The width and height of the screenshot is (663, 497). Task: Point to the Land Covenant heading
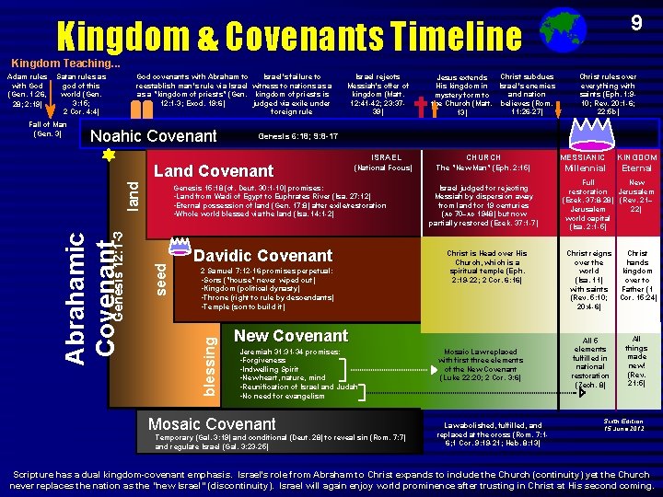pyautogui.click(x=214, y=170)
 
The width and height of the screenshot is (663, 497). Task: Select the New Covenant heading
pyautogui.click(x=291, y=336)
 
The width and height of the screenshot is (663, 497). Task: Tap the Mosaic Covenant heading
pyautogui.click(x=212, y=423)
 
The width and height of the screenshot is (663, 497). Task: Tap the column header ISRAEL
pyautogui.click(x=382, y=157)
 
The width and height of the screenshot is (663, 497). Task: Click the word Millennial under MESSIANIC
pyautogui.click(x=585, y=168)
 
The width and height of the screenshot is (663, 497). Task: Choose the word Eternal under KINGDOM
pyautogui.click(x=637, y=168)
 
